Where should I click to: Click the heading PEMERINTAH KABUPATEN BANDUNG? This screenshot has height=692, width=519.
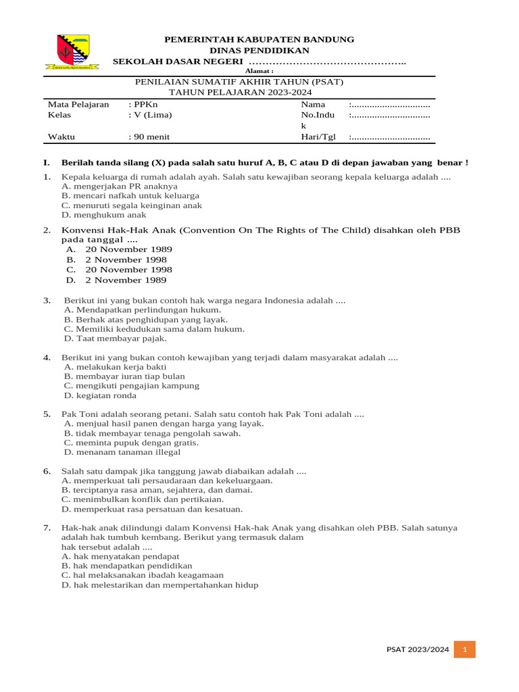coord(259,40)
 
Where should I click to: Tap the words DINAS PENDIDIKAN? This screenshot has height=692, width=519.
coord(259,51)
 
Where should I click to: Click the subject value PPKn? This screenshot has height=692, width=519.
coord(144,105)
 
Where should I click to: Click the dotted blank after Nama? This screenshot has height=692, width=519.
coord(389,105)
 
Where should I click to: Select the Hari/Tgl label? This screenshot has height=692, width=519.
coord(318,137)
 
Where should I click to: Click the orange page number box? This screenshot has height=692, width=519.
coord(465,649)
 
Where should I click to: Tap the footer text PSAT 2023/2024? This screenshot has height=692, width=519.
coord(418,649)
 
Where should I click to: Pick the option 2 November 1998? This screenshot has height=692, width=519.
coord(125,259)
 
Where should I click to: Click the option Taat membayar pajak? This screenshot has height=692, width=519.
coord(116,339)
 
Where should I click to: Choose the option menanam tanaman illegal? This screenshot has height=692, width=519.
coord(122,452)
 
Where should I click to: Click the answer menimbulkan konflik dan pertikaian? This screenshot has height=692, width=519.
coord(143,499)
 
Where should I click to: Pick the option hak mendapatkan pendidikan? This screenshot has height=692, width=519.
coord(126,565)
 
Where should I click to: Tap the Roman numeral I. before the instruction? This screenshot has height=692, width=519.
coord(46,163)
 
